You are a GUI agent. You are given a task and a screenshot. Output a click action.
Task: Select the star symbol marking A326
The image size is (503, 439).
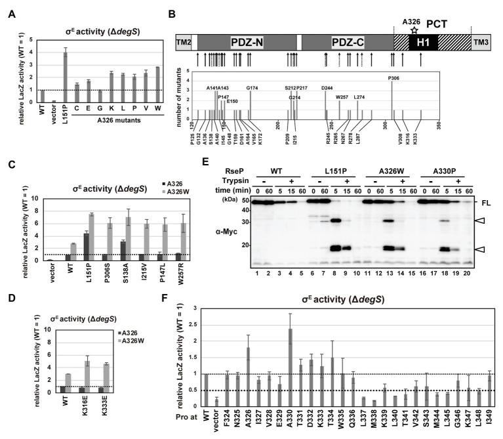(x=413, y=29)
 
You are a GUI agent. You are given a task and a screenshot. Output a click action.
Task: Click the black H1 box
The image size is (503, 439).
(x=420, y=43)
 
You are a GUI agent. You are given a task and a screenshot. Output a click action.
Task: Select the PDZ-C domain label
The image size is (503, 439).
(x=336, y=43)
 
